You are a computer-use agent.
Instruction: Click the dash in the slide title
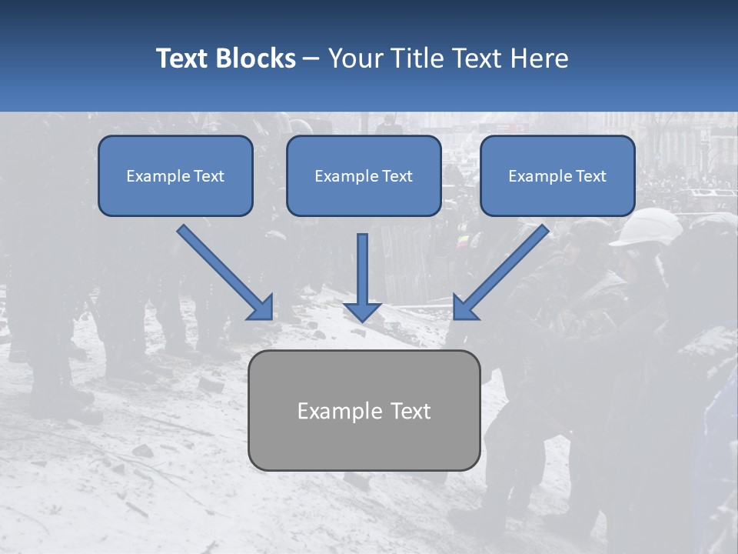[311, 59]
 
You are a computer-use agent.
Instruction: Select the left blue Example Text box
[175, 175]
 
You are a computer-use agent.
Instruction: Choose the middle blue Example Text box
[364, 175]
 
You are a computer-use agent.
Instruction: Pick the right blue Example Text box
[557, 175]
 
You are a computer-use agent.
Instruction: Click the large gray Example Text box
[364, 410]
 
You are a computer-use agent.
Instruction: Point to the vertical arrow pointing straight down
[363, 273]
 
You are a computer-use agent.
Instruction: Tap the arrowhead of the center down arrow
[363, 311]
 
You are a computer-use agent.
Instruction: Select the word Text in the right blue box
[590, 176]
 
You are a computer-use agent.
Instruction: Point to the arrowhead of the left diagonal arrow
[261, 308]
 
